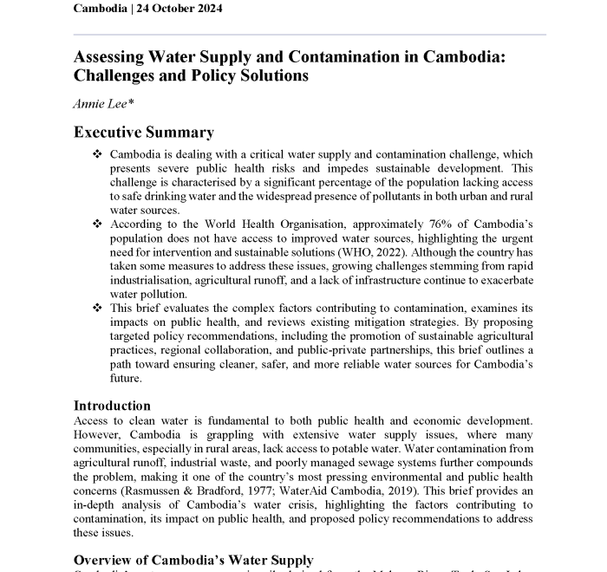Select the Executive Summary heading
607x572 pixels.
click(143, 133)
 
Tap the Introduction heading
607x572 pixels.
click(112, 406)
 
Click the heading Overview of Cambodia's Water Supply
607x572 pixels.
click(193, 560)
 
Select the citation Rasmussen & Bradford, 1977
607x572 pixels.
click(177, 490)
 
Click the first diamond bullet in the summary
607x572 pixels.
click(96, 154)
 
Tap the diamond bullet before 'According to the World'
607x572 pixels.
click(96, 224)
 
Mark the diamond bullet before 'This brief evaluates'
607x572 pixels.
click(96, 308)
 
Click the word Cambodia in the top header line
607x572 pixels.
click(101, 9)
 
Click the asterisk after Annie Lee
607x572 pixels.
click(129, 102)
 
